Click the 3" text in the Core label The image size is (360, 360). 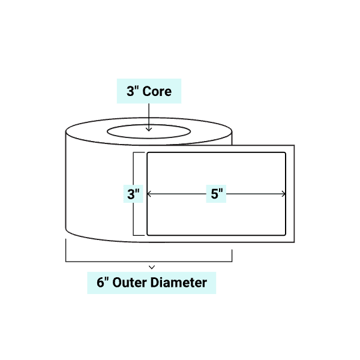(132, 91)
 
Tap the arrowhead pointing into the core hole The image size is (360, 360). (148, 128)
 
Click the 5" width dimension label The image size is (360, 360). (217, 194)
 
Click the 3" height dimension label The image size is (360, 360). (133, 194)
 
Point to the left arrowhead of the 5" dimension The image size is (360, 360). (149, 194)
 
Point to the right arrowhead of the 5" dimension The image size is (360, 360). (284, 194)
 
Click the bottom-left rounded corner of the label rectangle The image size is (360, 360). (149, 233)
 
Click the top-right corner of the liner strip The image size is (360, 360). (293, 146)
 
